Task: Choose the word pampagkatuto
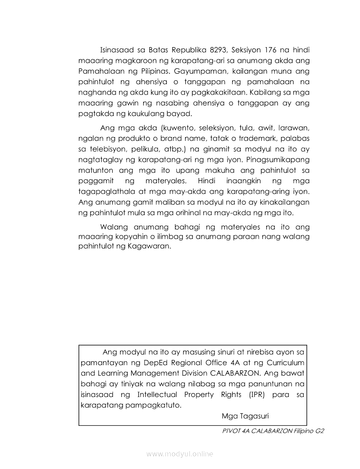tap(148, 405)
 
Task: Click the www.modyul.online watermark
tap(180, 454)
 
